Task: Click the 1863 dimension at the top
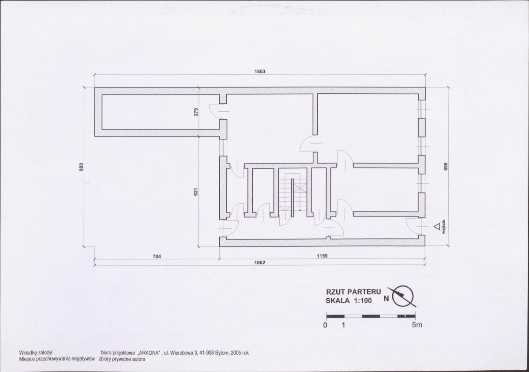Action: tap(260, 71)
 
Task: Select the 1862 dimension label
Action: tap(260, 262)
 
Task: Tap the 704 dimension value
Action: tap(157, 256)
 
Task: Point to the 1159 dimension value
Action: tap(322, 256)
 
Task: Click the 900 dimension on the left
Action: tap(81, 167)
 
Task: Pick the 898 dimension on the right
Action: tap(445, 167)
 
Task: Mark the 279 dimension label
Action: tap(196, 112)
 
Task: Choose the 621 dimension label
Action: tap(196, 192)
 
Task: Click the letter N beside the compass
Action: tap(386, 299)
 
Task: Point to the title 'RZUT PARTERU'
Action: tap(353, 292)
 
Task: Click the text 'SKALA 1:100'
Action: tap(349, 300)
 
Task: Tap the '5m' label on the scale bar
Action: tap(416, 325)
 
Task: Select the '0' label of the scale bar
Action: tap(325, 325)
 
